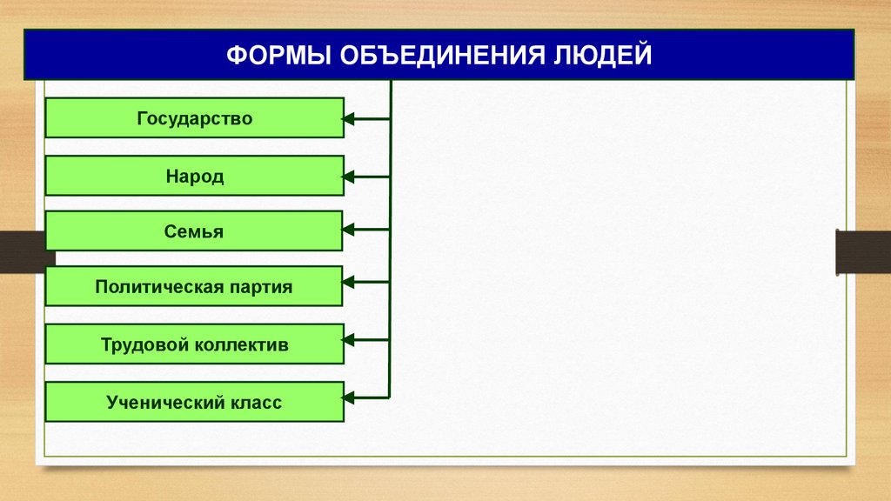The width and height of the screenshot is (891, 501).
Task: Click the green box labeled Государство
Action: pyautogui.click(x=194, y=118)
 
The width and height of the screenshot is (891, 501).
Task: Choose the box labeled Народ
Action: pyautogui.click(x=194, y=177)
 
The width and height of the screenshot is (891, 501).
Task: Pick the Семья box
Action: pyautogui.click(x=194, y=231)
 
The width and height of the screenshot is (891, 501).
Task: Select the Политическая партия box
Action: pyautogui.click(x=194, y=286)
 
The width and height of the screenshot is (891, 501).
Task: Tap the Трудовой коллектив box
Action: pyautogui.click(x=194, y=344)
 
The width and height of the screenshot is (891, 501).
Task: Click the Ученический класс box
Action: pyautogui.click(x=194, y=402)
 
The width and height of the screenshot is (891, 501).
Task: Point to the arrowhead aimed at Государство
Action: pyautogui.click(x=349, y=118)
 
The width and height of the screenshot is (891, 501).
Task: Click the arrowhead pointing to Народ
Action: pyautogui.click(x=349, y=177)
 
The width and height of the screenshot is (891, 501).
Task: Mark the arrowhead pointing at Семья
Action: pyautogui.click(x=349, y=230)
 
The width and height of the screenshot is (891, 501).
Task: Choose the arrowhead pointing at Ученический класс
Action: pyautogui.click(x=349, y=397)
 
